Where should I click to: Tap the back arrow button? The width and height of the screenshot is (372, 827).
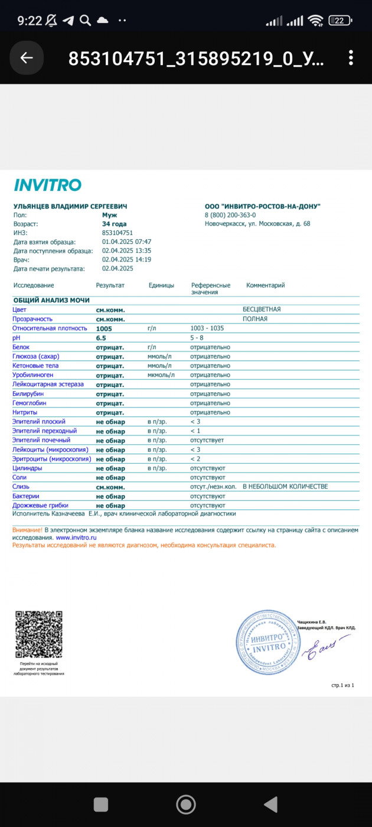coord(27,57)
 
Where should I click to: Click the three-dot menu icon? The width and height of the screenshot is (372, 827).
coord(351,57)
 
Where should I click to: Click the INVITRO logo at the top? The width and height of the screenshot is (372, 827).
coord(47,185)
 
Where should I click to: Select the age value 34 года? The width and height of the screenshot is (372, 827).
coord(114,224)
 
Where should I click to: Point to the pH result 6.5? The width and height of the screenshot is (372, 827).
coord(101,337)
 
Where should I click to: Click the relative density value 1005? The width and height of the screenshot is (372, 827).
coord(104,328)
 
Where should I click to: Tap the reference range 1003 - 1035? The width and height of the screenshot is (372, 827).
coord(207,328)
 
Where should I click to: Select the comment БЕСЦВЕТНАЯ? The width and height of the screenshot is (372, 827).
coord(262,309)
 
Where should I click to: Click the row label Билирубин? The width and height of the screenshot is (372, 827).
coord(28,393)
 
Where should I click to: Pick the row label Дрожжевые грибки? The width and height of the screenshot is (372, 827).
coord(40,506)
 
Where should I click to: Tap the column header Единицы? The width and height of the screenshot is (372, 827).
coord(161,285)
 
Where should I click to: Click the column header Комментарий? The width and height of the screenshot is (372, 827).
coord(265,285)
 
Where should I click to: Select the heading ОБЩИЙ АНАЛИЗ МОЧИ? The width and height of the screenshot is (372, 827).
coord(51,300)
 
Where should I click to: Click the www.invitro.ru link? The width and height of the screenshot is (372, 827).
coord(76,538)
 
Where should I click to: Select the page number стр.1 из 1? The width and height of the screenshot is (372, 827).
coord(342,685)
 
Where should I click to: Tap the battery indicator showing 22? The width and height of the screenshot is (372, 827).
coord(340,21)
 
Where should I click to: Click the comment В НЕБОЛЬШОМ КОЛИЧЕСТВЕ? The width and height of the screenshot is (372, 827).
coord(285,487)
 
